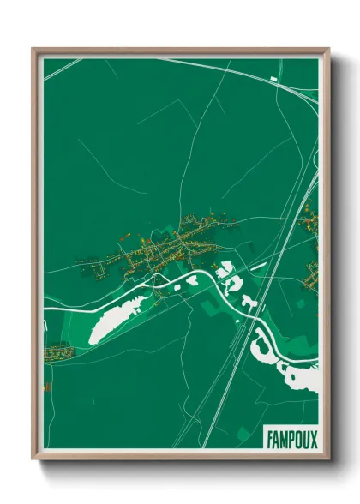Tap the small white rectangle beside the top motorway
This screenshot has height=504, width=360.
click(x=273, y=79)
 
